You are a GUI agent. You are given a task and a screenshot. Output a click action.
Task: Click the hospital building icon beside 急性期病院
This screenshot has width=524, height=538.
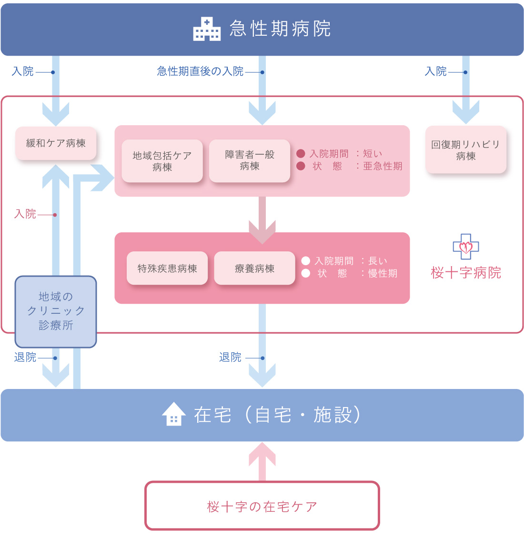pos(207,29)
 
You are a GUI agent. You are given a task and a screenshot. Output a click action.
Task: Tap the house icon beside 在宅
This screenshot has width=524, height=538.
pos(174,414)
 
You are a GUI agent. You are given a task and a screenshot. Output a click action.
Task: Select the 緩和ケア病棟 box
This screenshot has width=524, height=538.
pos(56,143)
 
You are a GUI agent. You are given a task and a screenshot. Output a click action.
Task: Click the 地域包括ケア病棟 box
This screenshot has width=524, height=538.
pos(162,161)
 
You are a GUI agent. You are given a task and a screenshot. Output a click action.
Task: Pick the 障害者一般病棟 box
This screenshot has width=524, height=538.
pos(250,160)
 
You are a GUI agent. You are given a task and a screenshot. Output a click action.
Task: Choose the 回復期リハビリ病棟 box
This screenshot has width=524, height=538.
pos(465,150)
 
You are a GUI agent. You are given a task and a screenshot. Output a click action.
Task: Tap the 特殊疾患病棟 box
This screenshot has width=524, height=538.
pos(167,268)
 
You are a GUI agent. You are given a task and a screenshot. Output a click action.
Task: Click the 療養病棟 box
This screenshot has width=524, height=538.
pos(254,268)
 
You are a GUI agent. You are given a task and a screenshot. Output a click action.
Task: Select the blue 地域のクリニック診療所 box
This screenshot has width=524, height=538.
pos(56,311)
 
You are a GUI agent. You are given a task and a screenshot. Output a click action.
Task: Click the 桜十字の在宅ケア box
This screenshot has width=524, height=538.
pos(262,506)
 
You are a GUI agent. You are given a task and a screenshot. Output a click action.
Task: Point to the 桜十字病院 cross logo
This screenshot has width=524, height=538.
pos(465,247)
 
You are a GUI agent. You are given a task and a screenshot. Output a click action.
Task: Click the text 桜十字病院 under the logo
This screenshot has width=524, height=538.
pos(465,273)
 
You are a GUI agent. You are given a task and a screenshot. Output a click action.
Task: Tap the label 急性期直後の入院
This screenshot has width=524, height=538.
pos(200,71)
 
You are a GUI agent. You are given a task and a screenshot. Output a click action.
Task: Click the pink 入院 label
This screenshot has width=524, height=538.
pos(25,214)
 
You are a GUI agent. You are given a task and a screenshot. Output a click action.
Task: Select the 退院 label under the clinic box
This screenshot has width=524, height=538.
pos(25,357)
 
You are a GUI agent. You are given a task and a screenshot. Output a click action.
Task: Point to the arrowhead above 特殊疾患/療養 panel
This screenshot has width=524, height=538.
pos(262,232)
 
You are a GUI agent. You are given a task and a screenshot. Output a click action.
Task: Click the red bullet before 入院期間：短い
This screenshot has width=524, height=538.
pos(301,153)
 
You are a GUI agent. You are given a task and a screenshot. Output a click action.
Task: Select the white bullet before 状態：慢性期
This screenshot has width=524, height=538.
pos(306,273)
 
